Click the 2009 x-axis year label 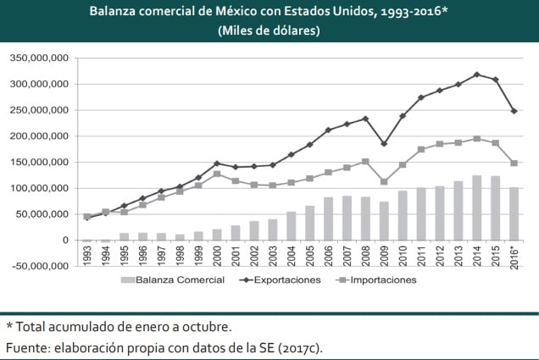coord(385,255)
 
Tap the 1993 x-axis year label coord(87,255)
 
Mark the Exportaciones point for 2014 coord(477,75)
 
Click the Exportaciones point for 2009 coord(385,144)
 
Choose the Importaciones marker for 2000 coord(217,174)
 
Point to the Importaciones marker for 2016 coord(514,163)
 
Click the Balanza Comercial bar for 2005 coord(310,223)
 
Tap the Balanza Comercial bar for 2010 coord(403,215)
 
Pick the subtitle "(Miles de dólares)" coord(269,30)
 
